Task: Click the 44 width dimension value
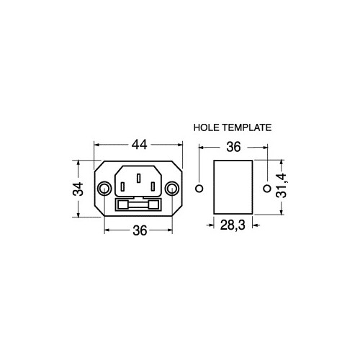click(x=140, y=145)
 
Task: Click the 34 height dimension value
click(x=78, y=189)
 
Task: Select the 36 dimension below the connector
click(x=140, y=230)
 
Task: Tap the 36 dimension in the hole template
click(x=233, y=147)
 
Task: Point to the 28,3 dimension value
click(x=233, y=225)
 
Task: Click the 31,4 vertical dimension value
click(x=281, y=185)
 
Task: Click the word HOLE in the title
click(x=207, y=127)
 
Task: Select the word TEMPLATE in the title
click(x=247, y=127)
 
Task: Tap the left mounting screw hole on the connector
click(x=104, y=189)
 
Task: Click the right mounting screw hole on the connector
click(x=172, y=189)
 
